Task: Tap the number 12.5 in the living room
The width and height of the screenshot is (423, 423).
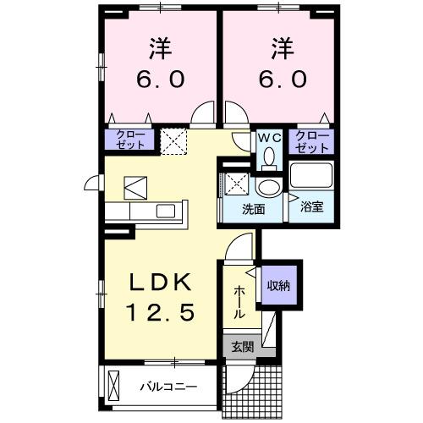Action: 162,312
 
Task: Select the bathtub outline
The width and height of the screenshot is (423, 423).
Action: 312,177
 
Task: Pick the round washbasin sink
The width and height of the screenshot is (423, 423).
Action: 268,187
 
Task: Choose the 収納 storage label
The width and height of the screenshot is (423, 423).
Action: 279,286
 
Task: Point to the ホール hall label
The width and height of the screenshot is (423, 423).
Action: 239,300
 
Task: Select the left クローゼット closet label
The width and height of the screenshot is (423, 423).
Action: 130,140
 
